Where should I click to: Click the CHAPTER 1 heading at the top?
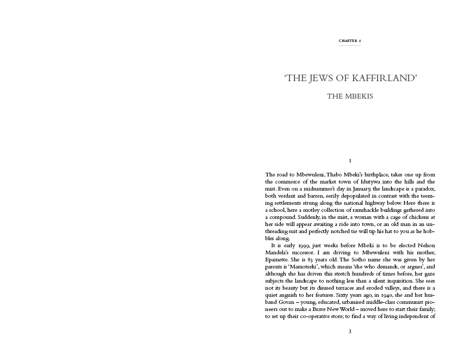(350, 41)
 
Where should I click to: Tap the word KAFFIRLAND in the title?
(382, 78)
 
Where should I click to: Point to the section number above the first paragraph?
(350, 161)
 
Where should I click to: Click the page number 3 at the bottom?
(350, 331)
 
